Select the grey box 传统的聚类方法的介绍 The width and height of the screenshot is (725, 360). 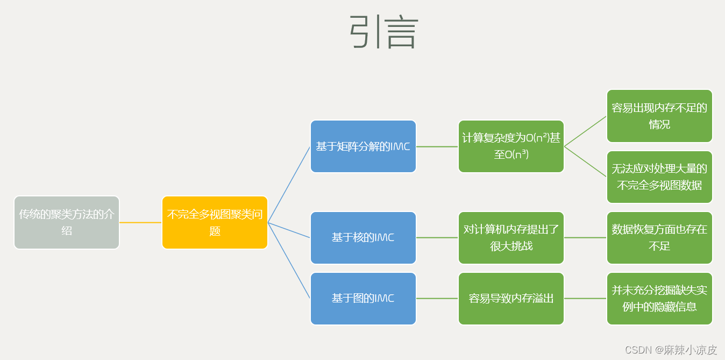point(67,222)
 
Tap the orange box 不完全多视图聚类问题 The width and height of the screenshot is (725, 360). point(215,222)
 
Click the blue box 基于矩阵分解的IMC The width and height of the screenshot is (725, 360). point(363,146)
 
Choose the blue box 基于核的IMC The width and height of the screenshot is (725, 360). point(363,237)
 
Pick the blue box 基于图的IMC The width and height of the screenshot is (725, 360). point(363,298)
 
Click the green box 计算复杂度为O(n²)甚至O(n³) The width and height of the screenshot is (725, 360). point(511,146)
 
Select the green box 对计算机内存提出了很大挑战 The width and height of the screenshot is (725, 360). point(511,237)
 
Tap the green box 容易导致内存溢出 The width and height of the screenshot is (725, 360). point(511,298)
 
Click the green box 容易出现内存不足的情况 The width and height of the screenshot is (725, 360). point(659,116)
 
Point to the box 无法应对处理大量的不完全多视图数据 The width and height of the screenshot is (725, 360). point(659,177)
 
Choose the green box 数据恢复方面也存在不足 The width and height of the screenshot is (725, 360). point(659,237)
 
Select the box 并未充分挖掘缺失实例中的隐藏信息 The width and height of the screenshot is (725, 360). point(659,298)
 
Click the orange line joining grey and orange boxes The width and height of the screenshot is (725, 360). point(140,222)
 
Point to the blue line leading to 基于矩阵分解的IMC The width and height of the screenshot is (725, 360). point(289,185)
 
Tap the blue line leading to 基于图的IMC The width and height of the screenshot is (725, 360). point(289,260)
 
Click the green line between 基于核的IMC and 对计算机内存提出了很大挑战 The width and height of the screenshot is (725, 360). point(437,237)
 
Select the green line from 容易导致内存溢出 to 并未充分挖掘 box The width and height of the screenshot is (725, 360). point(585,298)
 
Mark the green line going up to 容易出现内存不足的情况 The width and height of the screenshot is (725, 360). point(585,131)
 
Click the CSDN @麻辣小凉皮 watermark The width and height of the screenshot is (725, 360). point(671,350)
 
